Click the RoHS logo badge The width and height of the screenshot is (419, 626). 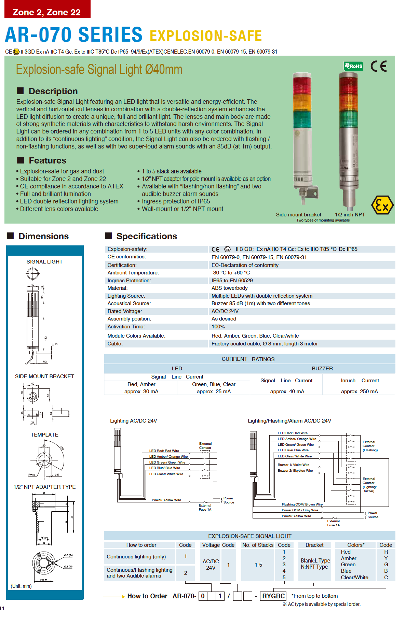coord(353,66)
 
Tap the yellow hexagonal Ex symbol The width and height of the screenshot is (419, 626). coord(382,205)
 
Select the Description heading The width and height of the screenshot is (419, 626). coord(53,91)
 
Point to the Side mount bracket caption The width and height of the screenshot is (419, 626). coord(298,215)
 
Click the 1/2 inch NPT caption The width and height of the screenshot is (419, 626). coord(350,215)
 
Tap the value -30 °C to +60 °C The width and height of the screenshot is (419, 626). coord(231,273)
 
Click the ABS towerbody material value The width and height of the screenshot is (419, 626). coord(229,288)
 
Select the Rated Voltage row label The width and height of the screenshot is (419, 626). coord(125,311)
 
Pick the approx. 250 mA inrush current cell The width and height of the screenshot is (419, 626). coord(359,392)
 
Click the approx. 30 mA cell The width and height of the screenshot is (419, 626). coord(141,392)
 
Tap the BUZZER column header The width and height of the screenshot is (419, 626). coord(322,369)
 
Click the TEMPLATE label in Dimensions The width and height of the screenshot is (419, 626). coord(44,435)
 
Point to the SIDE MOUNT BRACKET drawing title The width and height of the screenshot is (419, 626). coord(44,376)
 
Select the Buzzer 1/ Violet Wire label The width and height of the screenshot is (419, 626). coord(293,465)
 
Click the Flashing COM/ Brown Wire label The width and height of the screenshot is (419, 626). coord(302,504)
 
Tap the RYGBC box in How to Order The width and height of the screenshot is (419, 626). coord(273,596)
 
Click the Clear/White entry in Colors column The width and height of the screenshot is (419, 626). coord(354,578)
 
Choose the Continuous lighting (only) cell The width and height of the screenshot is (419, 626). coord(136,557)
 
